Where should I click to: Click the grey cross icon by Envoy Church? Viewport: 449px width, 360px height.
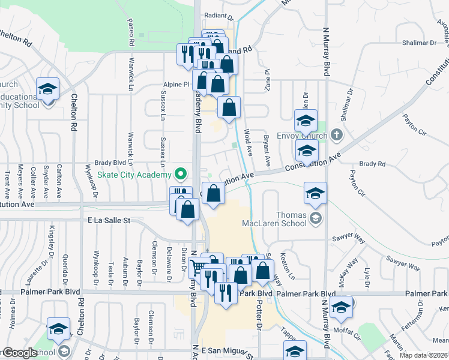coord(336,134)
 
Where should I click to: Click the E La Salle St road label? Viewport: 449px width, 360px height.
coord(109,221)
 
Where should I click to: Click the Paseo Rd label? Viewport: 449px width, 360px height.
coord(130,32)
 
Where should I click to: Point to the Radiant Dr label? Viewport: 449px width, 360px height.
coord(218,18)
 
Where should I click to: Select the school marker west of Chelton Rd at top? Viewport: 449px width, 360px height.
coord(47,90)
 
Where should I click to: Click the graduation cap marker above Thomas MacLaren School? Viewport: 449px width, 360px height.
coord(315,193)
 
